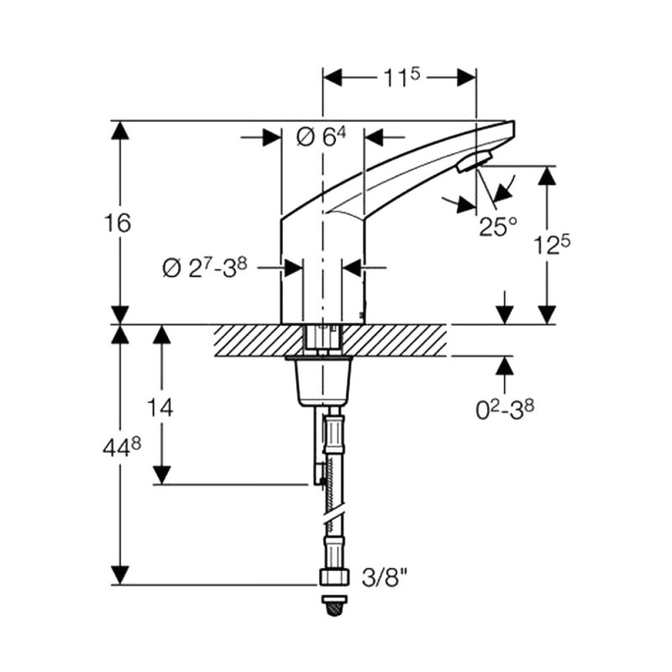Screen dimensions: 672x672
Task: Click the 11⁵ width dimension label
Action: [x=402, y=77]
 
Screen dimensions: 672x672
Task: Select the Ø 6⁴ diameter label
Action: [x=321, y=137]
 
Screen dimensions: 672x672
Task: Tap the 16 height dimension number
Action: [x=118, y=223]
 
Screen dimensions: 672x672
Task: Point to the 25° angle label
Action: [x=497, y=227]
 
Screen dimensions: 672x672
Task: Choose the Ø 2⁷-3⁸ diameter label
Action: [x=205, y=268]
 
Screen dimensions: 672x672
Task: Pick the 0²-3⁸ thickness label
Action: [x=505, y=410]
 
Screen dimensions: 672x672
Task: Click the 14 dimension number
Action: [x=160, y=407]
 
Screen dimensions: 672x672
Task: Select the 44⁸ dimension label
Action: [x=122, y=449]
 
